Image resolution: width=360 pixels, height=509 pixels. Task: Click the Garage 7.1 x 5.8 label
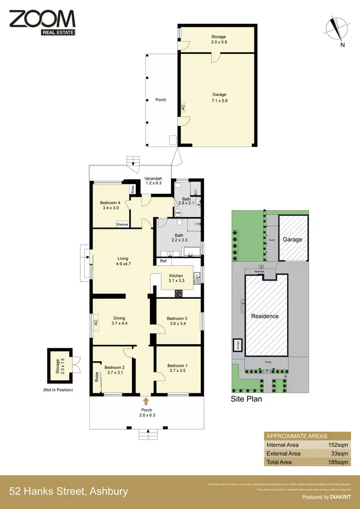point(219,98)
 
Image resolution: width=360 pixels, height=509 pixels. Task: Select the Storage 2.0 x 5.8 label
point(218,39)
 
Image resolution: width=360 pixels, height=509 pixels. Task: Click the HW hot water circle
point(178,213)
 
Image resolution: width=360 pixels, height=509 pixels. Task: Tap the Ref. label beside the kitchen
point(164,261)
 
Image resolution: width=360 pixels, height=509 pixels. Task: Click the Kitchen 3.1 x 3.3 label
point(176,278)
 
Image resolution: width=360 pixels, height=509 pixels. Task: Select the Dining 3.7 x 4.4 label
point(119,320)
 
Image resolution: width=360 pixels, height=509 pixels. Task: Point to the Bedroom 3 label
point(177,321)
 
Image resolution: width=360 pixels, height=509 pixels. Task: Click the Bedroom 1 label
point(177,368)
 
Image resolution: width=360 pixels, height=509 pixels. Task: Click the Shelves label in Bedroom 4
point(122,224)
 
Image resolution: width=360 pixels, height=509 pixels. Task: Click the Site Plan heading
point(247,398)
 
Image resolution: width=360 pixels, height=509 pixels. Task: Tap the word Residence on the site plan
point(265,316)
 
